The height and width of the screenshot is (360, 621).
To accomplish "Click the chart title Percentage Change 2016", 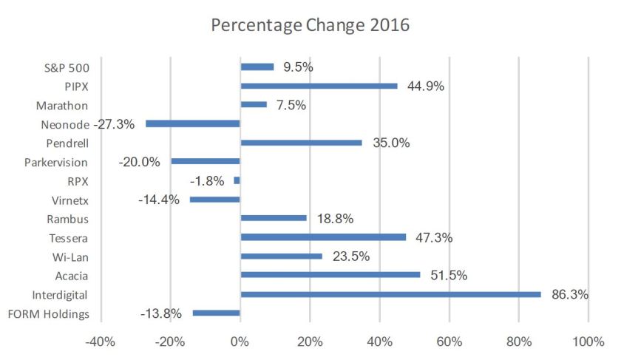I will pyautogui.click(x=310, y=24).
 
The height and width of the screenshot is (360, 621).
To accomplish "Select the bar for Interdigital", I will pyautogui.click(x=390, y=294).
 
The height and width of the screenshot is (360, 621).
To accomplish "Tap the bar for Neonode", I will pyautogui.click(x=193, y=123).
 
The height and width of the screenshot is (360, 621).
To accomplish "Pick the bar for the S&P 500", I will pyautogui.click(x=257, y=67).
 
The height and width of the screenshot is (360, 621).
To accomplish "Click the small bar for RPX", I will pyautogui.click(x=237, y=180).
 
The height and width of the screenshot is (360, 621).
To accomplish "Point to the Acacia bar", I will pyautogui.click(x=330, y=275).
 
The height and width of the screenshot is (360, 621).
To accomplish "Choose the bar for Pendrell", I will pyautogui.click(x=302, y=143).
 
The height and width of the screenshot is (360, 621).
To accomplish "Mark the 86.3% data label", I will pyautogui.click(x=569, y=294).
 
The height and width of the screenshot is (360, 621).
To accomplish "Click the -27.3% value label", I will pyautogui.click(x=115, y=124).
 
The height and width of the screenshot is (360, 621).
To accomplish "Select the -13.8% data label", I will pyautogui.click(x=160, y=313).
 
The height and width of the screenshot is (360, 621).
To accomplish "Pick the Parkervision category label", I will pyautogui.click(x=56, y=162).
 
